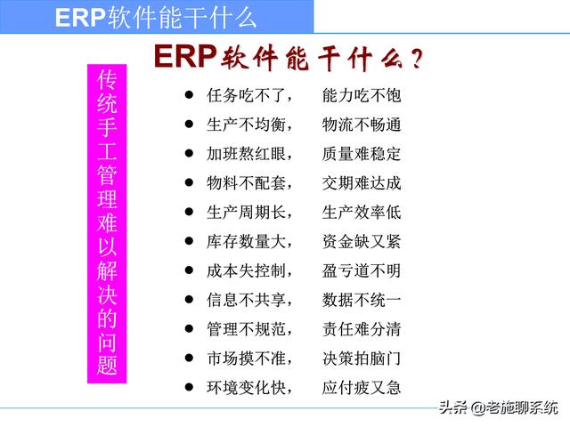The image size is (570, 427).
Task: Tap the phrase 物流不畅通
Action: [x=362, y=125]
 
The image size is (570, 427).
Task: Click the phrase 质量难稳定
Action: [x=362, y=154]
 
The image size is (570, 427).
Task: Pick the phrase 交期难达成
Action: [x=362, y=183]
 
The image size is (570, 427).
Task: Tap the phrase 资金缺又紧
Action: [x=362, y=241]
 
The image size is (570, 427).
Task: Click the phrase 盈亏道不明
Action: [x=362, y=270]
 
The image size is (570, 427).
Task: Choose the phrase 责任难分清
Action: [x=362, y=329]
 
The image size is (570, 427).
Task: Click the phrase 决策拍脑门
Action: [x=362, y=358]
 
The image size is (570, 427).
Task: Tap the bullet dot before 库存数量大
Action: [x=188, y=240]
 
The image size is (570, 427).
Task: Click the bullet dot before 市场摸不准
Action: [x=188, y=357]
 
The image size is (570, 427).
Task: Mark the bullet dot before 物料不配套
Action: [x=188, y=182]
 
